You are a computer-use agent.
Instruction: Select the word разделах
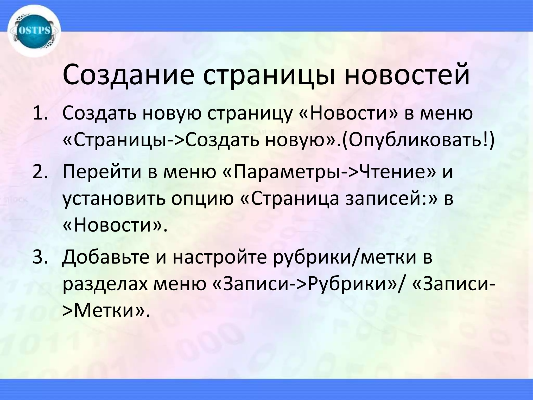(x=105, y=285)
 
